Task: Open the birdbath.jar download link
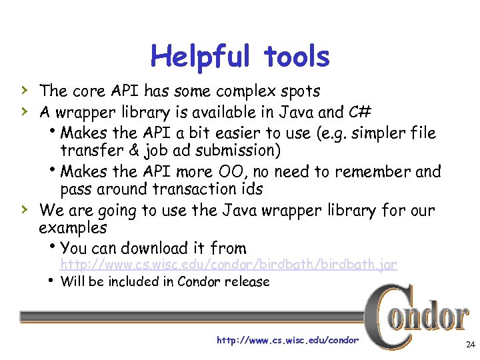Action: (228, 265)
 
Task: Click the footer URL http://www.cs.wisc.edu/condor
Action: (287, 341)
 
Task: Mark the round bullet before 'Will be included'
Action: (52, 281)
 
